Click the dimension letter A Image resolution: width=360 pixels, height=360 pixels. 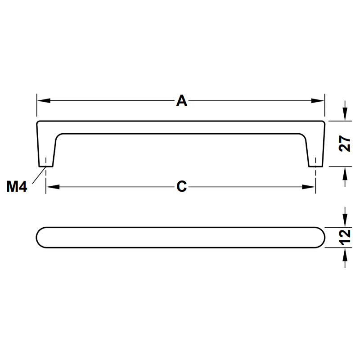pos(182,101)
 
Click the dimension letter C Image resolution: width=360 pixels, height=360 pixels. pos(182,186)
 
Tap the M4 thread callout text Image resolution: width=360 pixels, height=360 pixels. pos(17,186)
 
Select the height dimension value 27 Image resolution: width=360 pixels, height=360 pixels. pos(345,144)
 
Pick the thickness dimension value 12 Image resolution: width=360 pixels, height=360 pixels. pos(345,237)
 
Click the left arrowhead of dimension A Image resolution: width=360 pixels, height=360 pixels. pos(44,101)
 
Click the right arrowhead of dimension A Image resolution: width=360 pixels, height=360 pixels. pos(318,101)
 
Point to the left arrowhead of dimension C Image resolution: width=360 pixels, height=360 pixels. pos(53,187)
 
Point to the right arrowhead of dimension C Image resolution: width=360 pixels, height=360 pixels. pos(309,187)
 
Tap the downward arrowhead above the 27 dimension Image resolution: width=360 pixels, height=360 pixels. pos(345,114)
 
